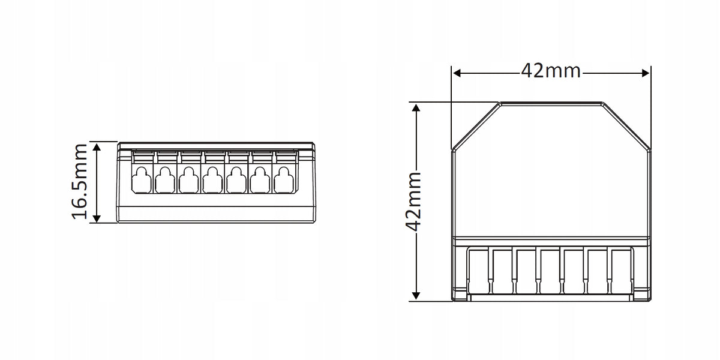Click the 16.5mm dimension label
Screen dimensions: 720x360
pyautogui.click(x=79, y=182)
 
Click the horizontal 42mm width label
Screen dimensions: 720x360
pyautogui.click(x=551, y=71)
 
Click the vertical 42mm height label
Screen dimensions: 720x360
pyautogui.click(x=413, y=202)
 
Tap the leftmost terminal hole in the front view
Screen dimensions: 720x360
pyautogui.click(x=142, y=180)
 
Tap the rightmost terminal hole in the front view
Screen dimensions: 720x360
pyautogui.click(x=283, y=180)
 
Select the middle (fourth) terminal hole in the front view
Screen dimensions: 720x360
pyautogui.click(x=212, y=180)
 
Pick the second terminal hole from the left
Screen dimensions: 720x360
pyautogui.click(x=165, y=180)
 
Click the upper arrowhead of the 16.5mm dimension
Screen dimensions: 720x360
pyautogui.click(x=97, y=148)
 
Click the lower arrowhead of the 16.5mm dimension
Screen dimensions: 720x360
pyautogui.click(x=97, y=218)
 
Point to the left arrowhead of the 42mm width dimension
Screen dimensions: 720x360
pyautogui.click(x=457, y=73)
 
